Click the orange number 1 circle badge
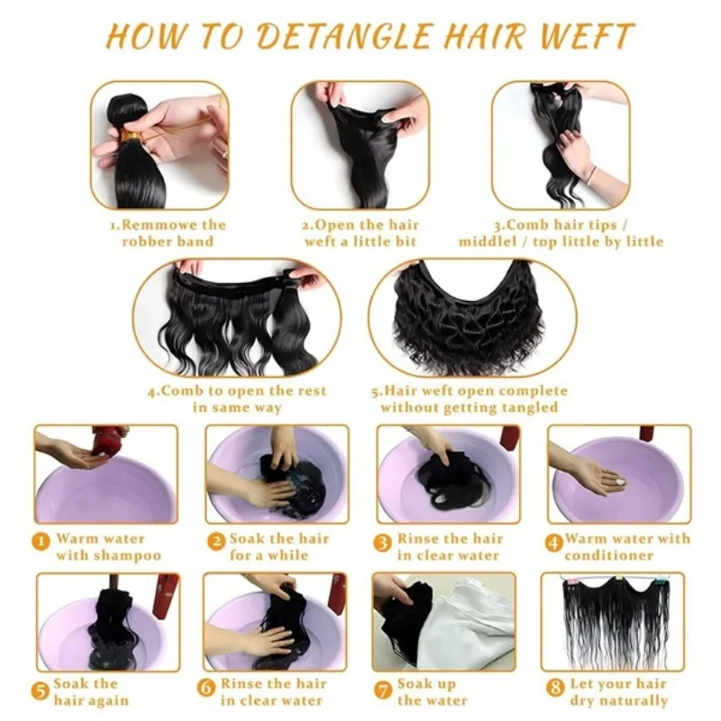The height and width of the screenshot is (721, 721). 41,541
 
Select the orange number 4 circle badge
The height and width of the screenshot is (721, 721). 555,541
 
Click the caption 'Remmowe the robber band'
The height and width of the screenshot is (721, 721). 160,233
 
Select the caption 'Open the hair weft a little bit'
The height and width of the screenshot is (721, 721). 360,233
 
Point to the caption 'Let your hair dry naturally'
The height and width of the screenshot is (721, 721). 623,691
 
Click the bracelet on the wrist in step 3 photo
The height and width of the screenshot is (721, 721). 590,171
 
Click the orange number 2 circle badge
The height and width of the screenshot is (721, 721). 215,541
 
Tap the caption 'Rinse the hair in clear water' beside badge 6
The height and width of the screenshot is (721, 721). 269,691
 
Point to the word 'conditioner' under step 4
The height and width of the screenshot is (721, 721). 609,555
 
